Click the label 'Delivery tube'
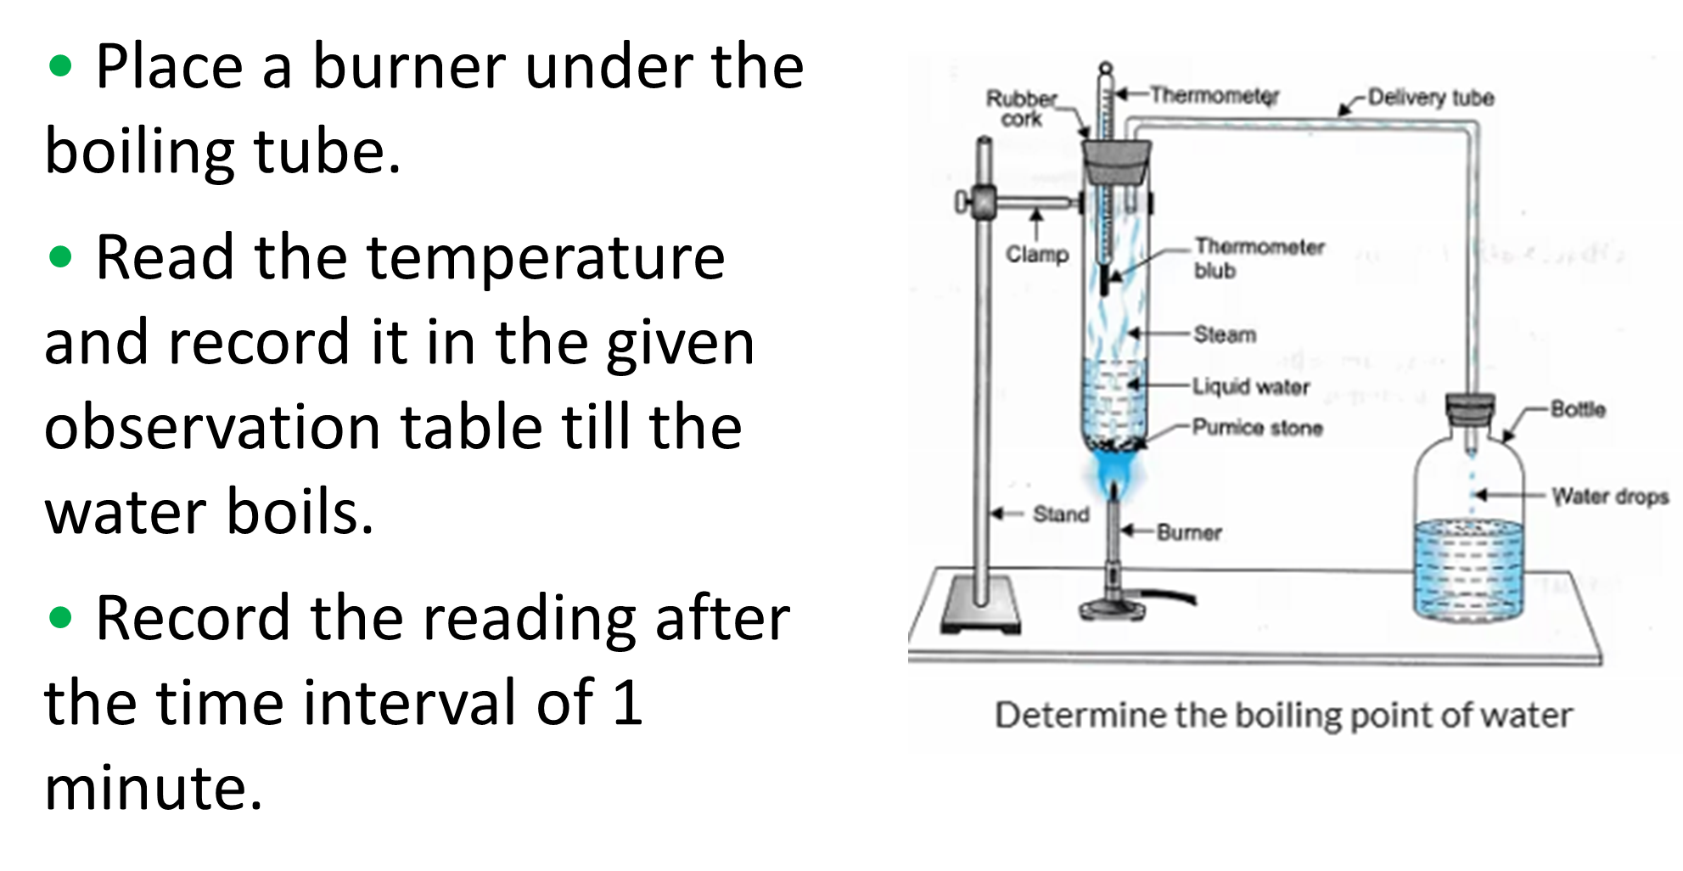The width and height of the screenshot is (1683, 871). [x=1431, y=98]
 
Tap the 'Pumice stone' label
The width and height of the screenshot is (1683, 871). [x=1257, y=427]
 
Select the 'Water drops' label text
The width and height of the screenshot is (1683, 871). [x=1610, y=497]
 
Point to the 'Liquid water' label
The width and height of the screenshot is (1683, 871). [x=1251, y=387]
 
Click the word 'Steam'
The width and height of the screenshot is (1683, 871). [x=1225, y=334]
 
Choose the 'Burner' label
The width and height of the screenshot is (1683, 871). [x=1189, y=532]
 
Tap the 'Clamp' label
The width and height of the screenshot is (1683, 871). [x=1036, y=254]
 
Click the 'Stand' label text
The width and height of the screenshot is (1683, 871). [x=1061, y=514]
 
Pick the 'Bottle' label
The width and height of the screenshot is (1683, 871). [x=1578, y=409]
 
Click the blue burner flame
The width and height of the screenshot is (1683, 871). [x=1113, y=472]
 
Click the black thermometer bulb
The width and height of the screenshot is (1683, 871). [x=1104, y=280]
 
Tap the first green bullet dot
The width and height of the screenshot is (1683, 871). [x=60, y=65]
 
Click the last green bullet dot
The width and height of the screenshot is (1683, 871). [x=60, y=617]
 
